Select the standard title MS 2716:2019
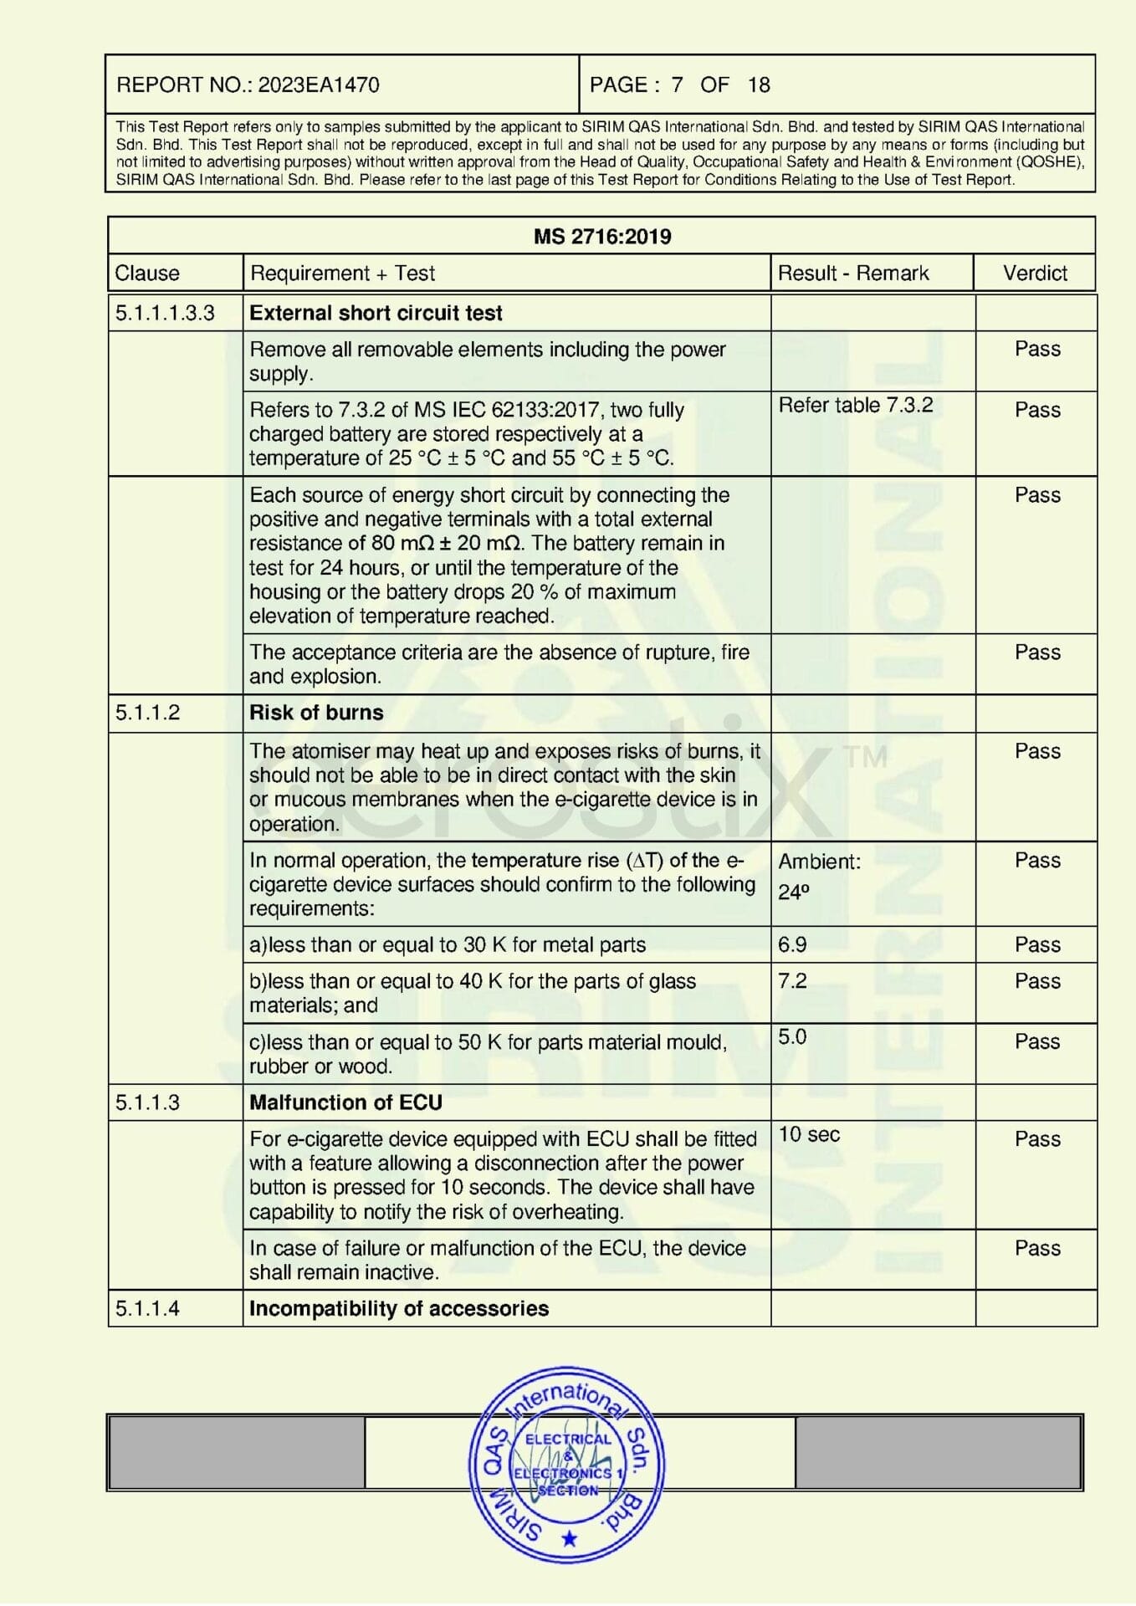pyautogui.click(x=601, y=237)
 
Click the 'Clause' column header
pyautogui.click(x=147, y=274)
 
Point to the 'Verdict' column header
pyautogui.click(x=1035, y=274)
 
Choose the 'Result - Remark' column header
pyautogui.click(x=852, y=274)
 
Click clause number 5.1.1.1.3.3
pyautogui.click(x=165, y=313)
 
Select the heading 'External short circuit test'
pyautogui.click(x=376, y=313)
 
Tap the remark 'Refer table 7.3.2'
pyautogui.click(x=855, y=406)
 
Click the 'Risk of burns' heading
pyautogui.click(x=316, y=713)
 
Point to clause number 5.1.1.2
pyautogui.click(x=147, y=713)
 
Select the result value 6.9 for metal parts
pyautogui.click(x=792, y=945)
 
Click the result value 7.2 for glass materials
pyautogui.click(x=792, y=981)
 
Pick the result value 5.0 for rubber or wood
pyautogui.click(x=792, y=1037)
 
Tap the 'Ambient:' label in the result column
pyautogui.click(x=819, y=862)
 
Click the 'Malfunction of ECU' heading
pyautogui.click(x=345, y=1102)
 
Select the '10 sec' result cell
pyautogui.click(x=809, y=1135)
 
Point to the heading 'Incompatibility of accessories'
pyautogui.click(x=399, y=1309)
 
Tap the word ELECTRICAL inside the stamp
pyautogui.click(x=568, y=1440)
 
